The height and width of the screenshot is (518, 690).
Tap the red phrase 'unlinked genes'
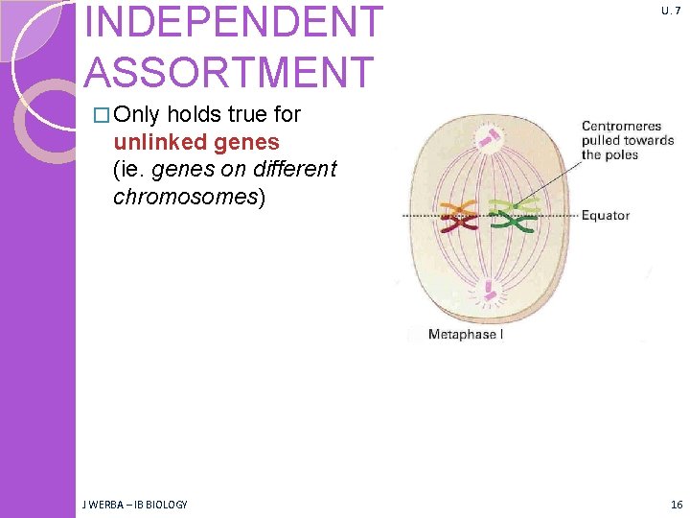tap(196, 142)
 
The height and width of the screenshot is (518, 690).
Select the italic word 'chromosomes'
tap(182, 197)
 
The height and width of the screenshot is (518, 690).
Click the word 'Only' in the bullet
tap(137, 115)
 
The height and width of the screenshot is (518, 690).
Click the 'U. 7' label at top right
tap(670, 11)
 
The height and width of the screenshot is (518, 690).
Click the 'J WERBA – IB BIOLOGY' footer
tap(135, 505)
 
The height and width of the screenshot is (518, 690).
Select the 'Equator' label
tap(606, 215)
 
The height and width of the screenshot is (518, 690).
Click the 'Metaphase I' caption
tap(466, 334)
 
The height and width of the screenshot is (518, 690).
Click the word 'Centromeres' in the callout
tap(621, 126)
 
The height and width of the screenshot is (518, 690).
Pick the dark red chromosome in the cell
tap(457, 226)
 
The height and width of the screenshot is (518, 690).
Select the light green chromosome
tap(513, 205)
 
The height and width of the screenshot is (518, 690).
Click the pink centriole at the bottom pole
tap(492, 290)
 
